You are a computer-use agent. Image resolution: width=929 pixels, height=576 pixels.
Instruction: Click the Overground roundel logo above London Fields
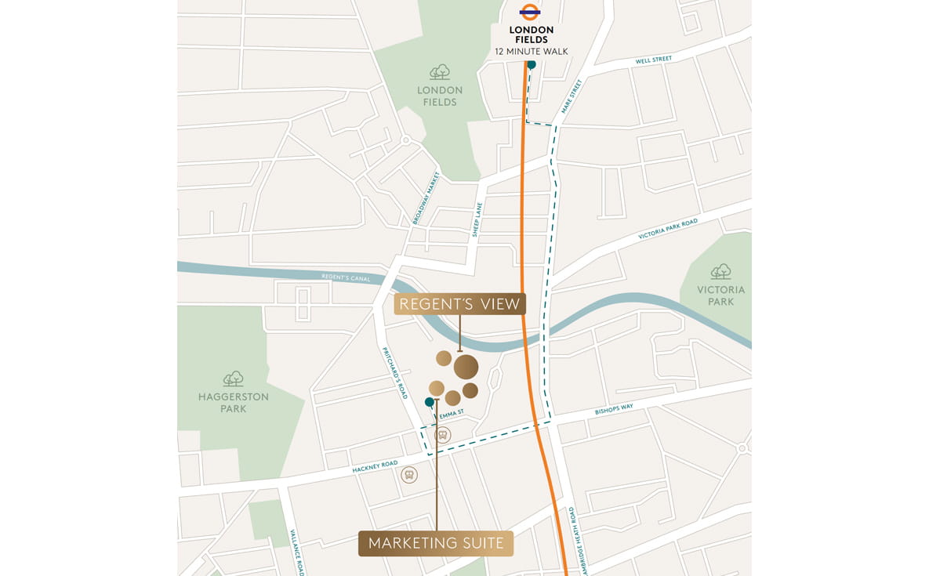point(531,13)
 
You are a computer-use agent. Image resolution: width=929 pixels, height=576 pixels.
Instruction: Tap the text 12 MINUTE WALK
point(531,52)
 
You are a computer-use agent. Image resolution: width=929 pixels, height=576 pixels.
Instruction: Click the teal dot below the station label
point(532,65)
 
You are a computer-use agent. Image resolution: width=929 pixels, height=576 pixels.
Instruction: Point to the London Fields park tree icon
point(440,72)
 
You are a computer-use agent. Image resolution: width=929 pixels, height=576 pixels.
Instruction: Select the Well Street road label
point(653,60)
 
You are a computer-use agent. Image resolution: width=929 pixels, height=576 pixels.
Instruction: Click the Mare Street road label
point(572,96)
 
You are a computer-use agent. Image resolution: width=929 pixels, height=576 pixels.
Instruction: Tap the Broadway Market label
point(426,199)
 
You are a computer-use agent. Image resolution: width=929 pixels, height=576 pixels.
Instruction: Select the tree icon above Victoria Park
point(720,271)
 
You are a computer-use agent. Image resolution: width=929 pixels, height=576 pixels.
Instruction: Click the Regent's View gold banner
point(459,304)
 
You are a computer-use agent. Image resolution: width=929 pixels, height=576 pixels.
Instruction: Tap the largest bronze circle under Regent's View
point(466,367)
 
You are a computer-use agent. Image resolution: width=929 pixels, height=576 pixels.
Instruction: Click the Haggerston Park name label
point(234,403)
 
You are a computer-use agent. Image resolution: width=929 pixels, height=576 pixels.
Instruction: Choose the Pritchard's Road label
point(396,373)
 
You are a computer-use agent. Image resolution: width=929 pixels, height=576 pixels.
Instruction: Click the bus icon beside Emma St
point(443,435)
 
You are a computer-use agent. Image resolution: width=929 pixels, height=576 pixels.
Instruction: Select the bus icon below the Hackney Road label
point(408,475)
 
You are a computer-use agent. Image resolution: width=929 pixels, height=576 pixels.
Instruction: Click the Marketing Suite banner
point(436,543)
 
